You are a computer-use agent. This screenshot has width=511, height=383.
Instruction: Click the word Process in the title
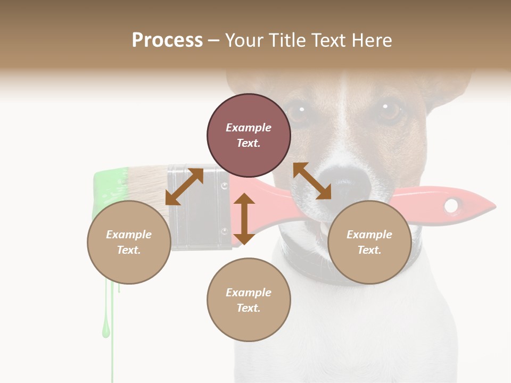click(x=167, y=40)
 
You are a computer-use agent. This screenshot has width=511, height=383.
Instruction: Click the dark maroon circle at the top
click(x=249, y=136)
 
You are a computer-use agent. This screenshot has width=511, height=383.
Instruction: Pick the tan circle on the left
click(x=129, y=242)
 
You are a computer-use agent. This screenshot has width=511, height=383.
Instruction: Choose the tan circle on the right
click(x=369, y=242)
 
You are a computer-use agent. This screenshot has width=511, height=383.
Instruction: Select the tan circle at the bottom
click(x=249, y=300)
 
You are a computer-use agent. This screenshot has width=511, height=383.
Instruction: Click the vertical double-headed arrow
click(x=244, y=219)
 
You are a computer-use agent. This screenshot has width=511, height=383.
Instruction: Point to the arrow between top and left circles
click(x=184, y=187)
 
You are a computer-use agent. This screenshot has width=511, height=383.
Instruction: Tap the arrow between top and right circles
click(x=312, y=181)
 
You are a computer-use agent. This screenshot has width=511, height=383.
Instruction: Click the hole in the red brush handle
click(x=451, y=205)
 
